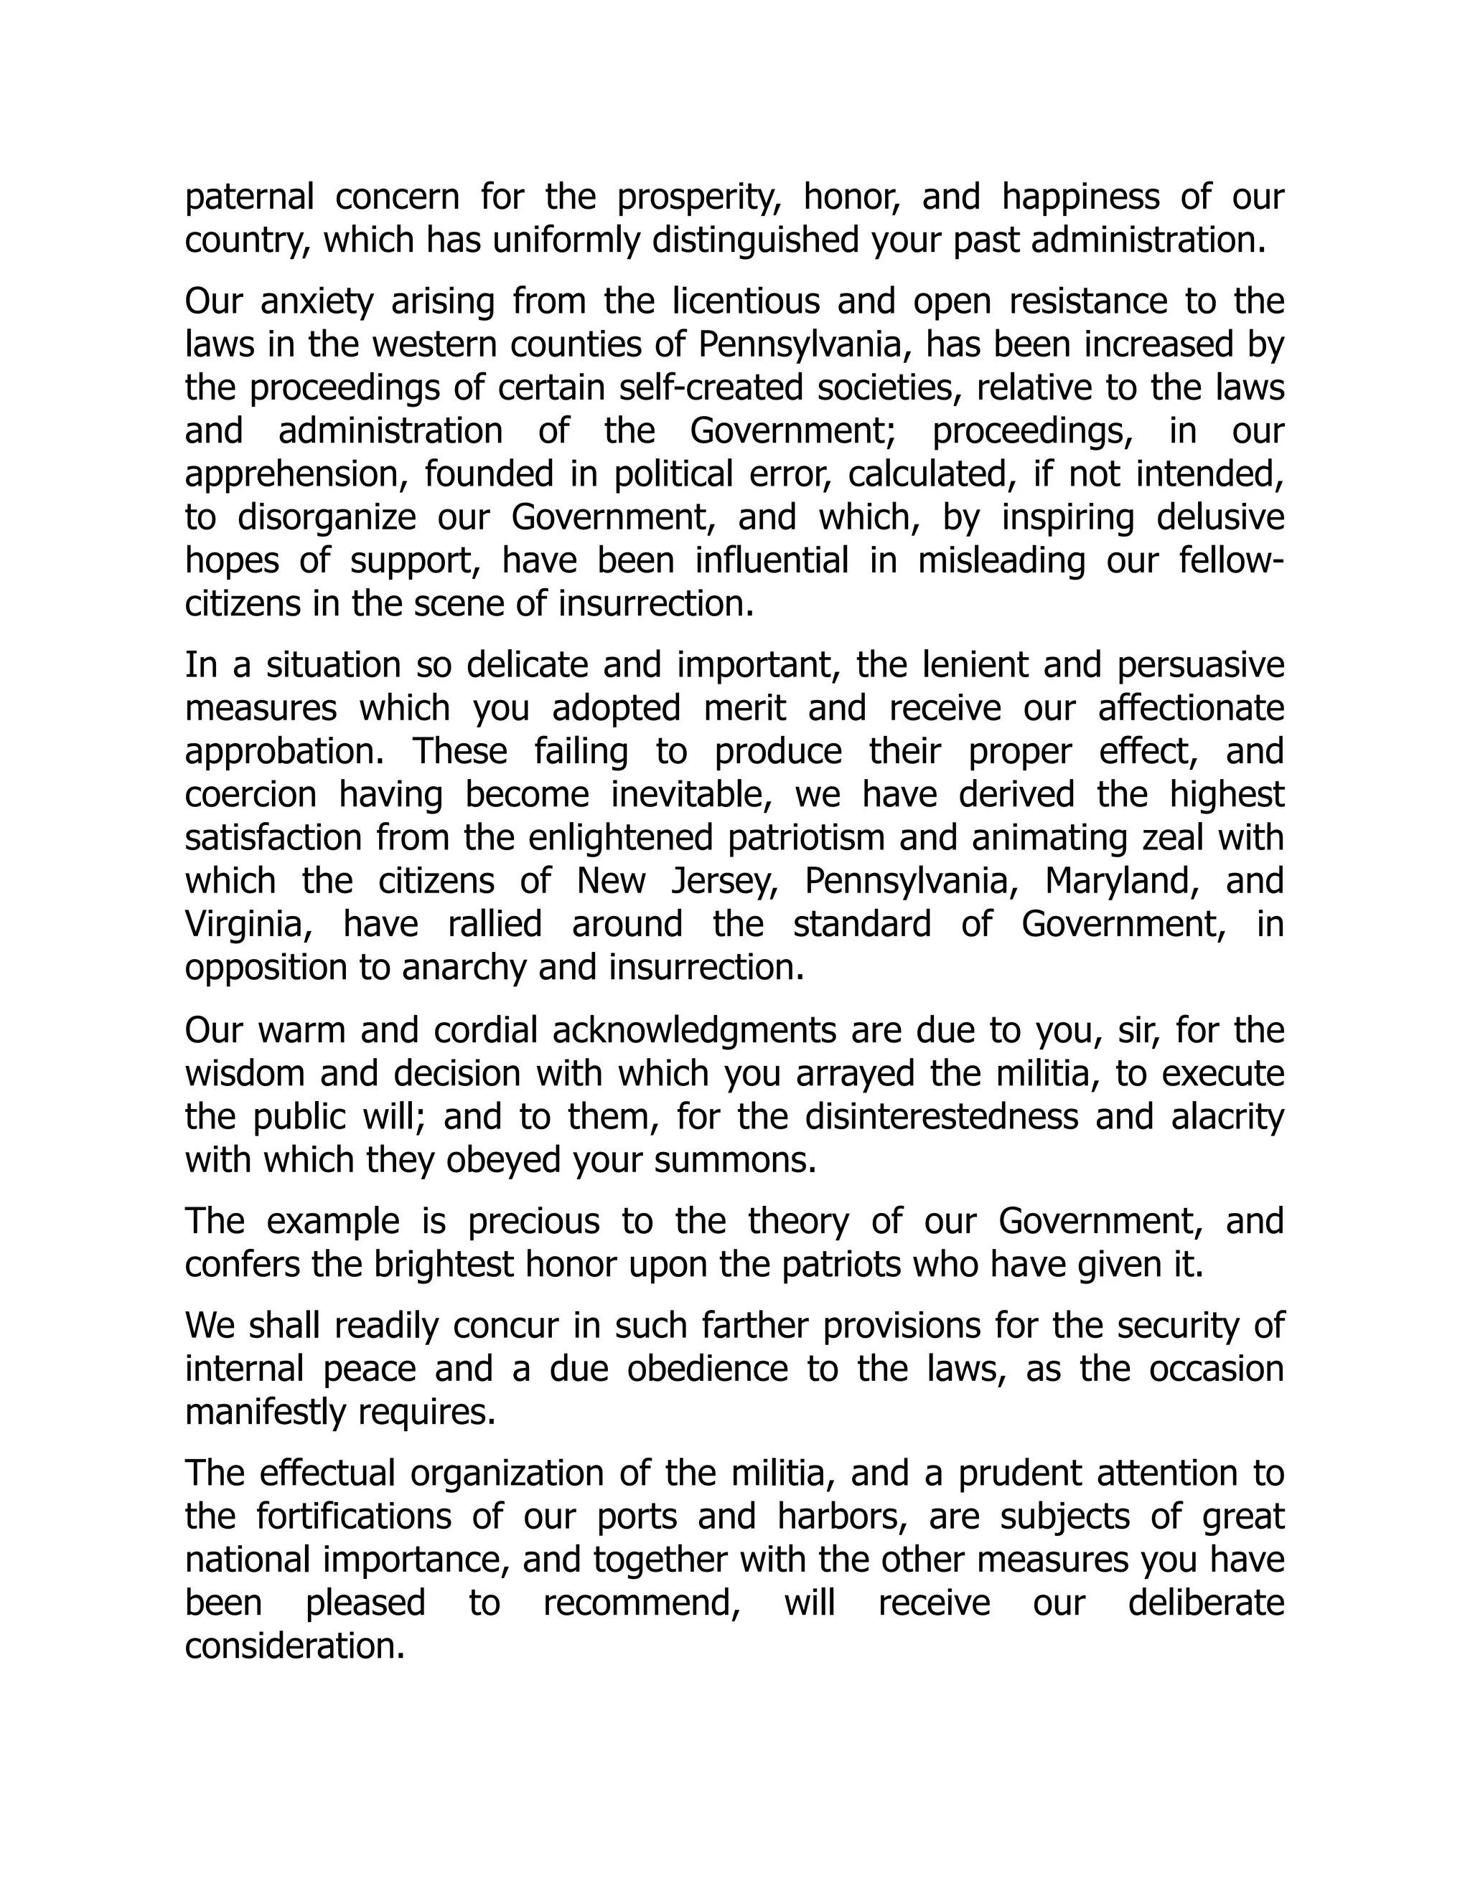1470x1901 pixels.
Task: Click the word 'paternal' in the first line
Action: [249, 197]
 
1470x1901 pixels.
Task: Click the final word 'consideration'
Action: [294, 1647]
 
